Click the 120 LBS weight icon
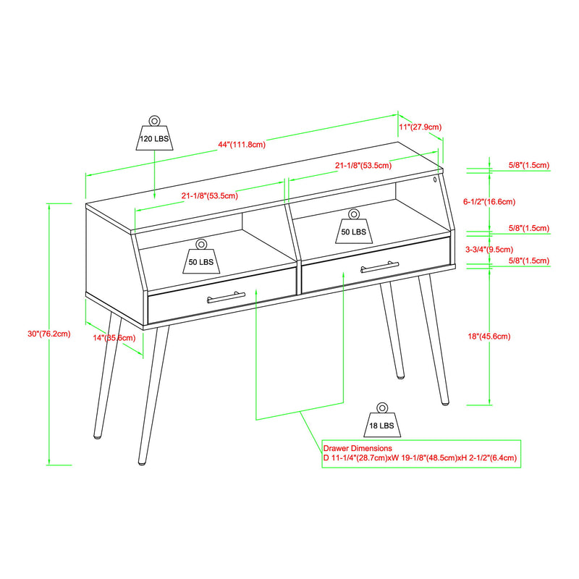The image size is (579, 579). click(154, 134)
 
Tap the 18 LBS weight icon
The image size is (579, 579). click(381, 422)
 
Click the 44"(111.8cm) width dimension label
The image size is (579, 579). click(242, 144)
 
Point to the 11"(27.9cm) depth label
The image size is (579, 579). click(420, 127)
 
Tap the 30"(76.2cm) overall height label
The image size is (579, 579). click(49, 334)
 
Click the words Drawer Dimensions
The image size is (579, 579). click(358, 449)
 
